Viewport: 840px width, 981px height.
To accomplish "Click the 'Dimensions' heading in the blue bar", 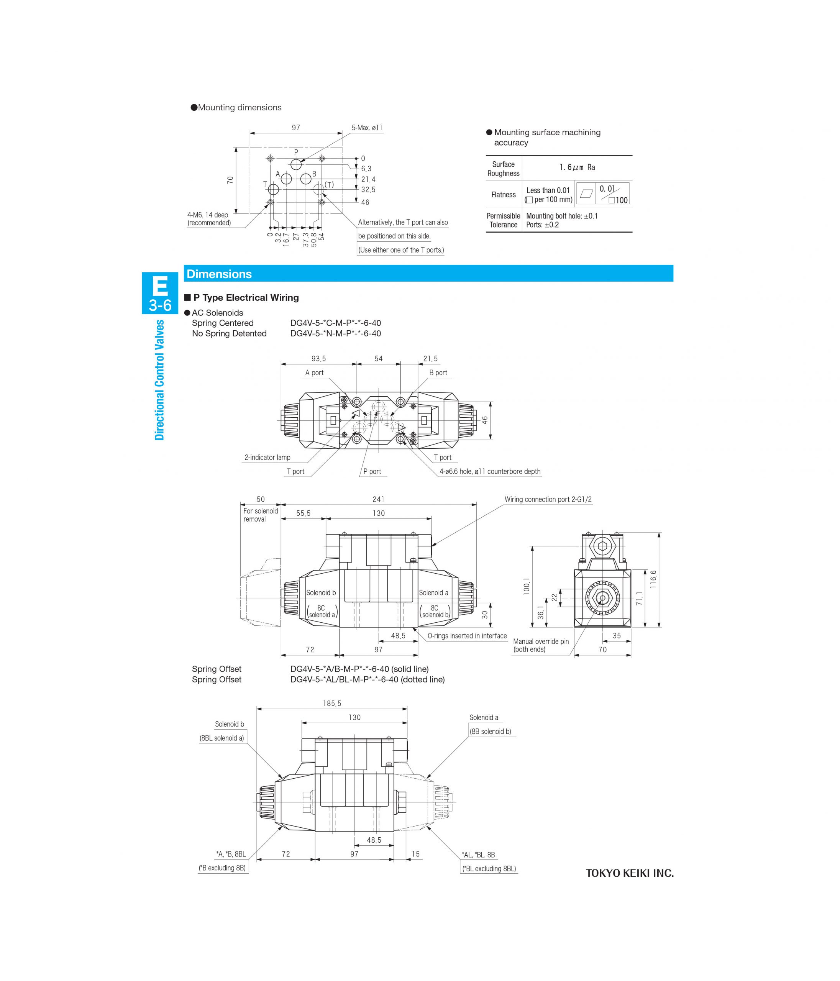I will pos(219,274).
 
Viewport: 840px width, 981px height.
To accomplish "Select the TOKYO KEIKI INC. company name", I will pos(629,873).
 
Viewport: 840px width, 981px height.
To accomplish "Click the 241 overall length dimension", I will pos(378,499).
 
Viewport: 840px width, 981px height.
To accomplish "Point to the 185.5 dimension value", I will pos(332,704).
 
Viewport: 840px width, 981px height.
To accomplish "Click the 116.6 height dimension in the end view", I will pos(653,579).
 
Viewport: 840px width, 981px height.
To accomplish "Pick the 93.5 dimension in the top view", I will pos(319,358).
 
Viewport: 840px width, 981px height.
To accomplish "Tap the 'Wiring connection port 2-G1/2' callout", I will pos(548,499).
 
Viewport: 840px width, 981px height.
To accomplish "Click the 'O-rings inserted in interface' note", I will pos(467,636).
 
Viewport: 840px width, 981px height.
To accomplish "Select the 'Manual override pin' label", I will pos(541,641).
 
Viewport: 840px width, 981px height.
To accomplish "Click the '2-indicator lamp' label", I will pos(267,458).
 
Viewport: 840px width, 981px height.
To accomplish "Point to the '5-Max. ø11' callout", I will pos(367,128).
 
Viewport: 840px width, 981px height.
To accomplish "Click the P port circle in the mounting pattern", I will pos(296,164).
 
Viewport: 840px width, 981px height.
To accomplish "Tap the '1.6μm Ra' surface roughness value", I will pos(577,167).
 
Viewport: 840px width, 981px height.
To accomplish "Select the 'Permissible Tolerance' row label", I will pos(503,220).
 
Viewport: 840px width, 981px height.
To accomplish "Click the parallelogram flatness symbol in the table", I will pos(586,194).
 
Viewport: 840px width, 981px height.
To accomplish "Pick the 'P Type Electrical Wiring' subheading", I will pos(246,297).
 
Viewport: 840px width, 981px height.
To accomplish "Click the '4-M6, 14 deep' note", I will pos(208,215).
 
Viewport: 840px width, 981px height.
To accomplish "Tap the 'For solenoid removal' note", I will pos(260,515).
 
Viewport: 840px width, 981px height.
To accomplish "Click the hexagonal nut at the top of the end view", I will pos(603,546).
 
